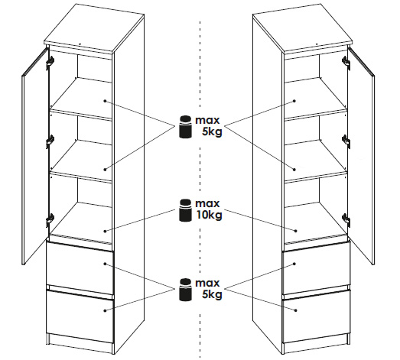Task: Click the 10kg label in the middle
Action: click(209, 216)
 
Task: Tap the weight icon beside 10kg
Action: click(185, 210)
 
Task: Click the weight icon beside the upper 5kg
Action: click(185, 127)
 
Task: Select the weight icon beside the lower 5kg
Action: click(185, 290)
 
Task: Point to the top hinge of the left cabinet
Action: click(50, 62)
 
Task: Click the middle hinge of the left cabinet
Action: click(50, 141)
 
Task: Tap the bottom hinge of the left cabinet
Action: click(50, 219)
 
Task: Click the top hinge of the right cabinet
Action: click(346, 62)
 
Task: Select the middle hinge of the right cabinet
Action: click(346, 141)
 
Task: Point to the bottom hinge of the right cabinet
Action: click(346, 219)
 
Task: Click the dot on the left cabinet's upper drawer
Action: click(105, 264)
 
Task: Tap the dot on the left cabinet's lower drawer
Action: click(105, 310)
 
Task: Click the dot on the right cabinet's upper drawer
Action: click(294, 264)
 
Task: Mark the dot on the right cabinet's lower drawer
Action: click(295, 310)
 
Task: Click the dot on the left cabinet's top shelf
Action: click(105, 101)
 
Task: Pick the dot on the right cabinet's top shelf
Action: click(294, 101)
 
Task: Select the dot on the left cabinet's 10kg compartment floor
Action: click(105, 231)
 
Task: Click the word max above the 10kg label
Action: click(207, 204)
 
